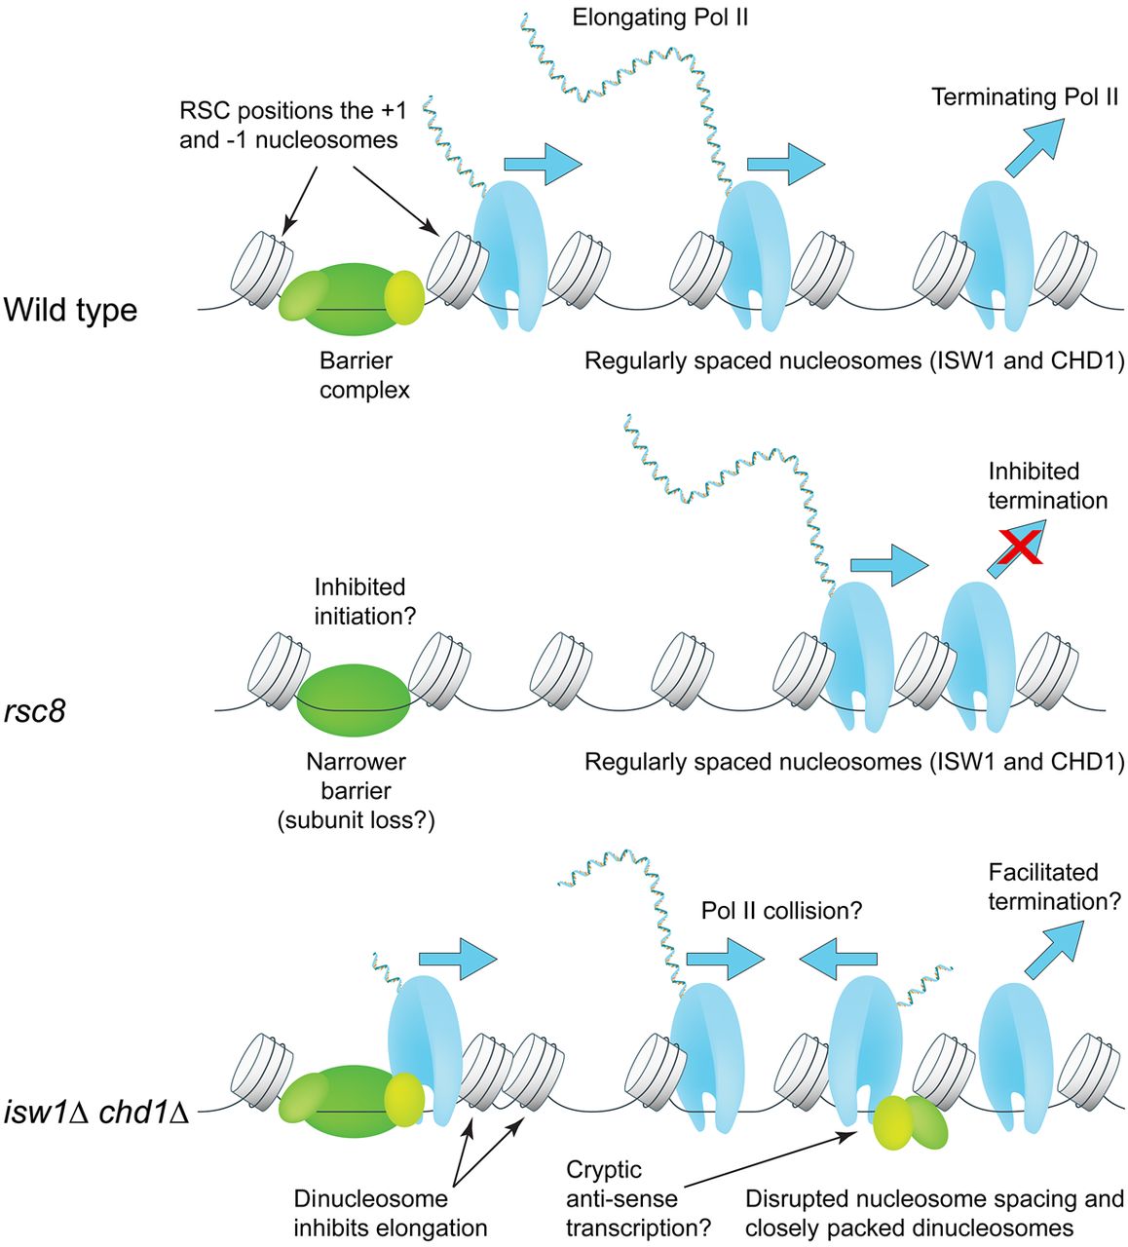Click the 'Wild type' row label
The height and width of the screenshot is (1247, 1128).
[x=70, y=311]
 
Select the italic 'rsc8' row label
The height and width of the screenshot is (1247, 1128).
[x=34, y=711]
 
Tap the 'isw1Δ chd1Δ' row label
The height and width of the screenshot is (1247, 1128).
[x=95, y=1112]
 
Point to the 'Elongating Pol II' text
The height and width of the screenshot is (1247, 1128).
[x=659, y=18]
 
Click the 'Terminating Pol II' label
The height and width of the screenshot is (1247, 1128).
[x=1024, y=97]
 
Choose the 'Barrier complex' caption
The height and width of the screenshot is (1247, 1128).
[x=364, y=375]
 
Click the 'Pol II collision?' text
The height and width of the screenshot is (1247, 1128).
[x=781, y=911]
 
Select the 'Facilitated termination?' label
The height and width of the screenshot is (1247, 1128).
[x=1054, y=887]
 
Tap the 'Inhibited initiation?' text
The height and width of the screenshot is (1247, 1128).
[x=359, y=602]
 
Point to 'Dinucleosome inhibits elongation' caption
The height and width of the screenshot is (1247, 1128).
[x=390, y=1213]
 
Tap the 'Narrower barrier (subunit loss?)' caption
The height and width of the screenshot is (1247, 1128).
[x=356, y=791]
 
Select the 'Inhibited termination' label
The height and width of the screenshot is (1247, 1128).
[x=1047, y=486]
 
